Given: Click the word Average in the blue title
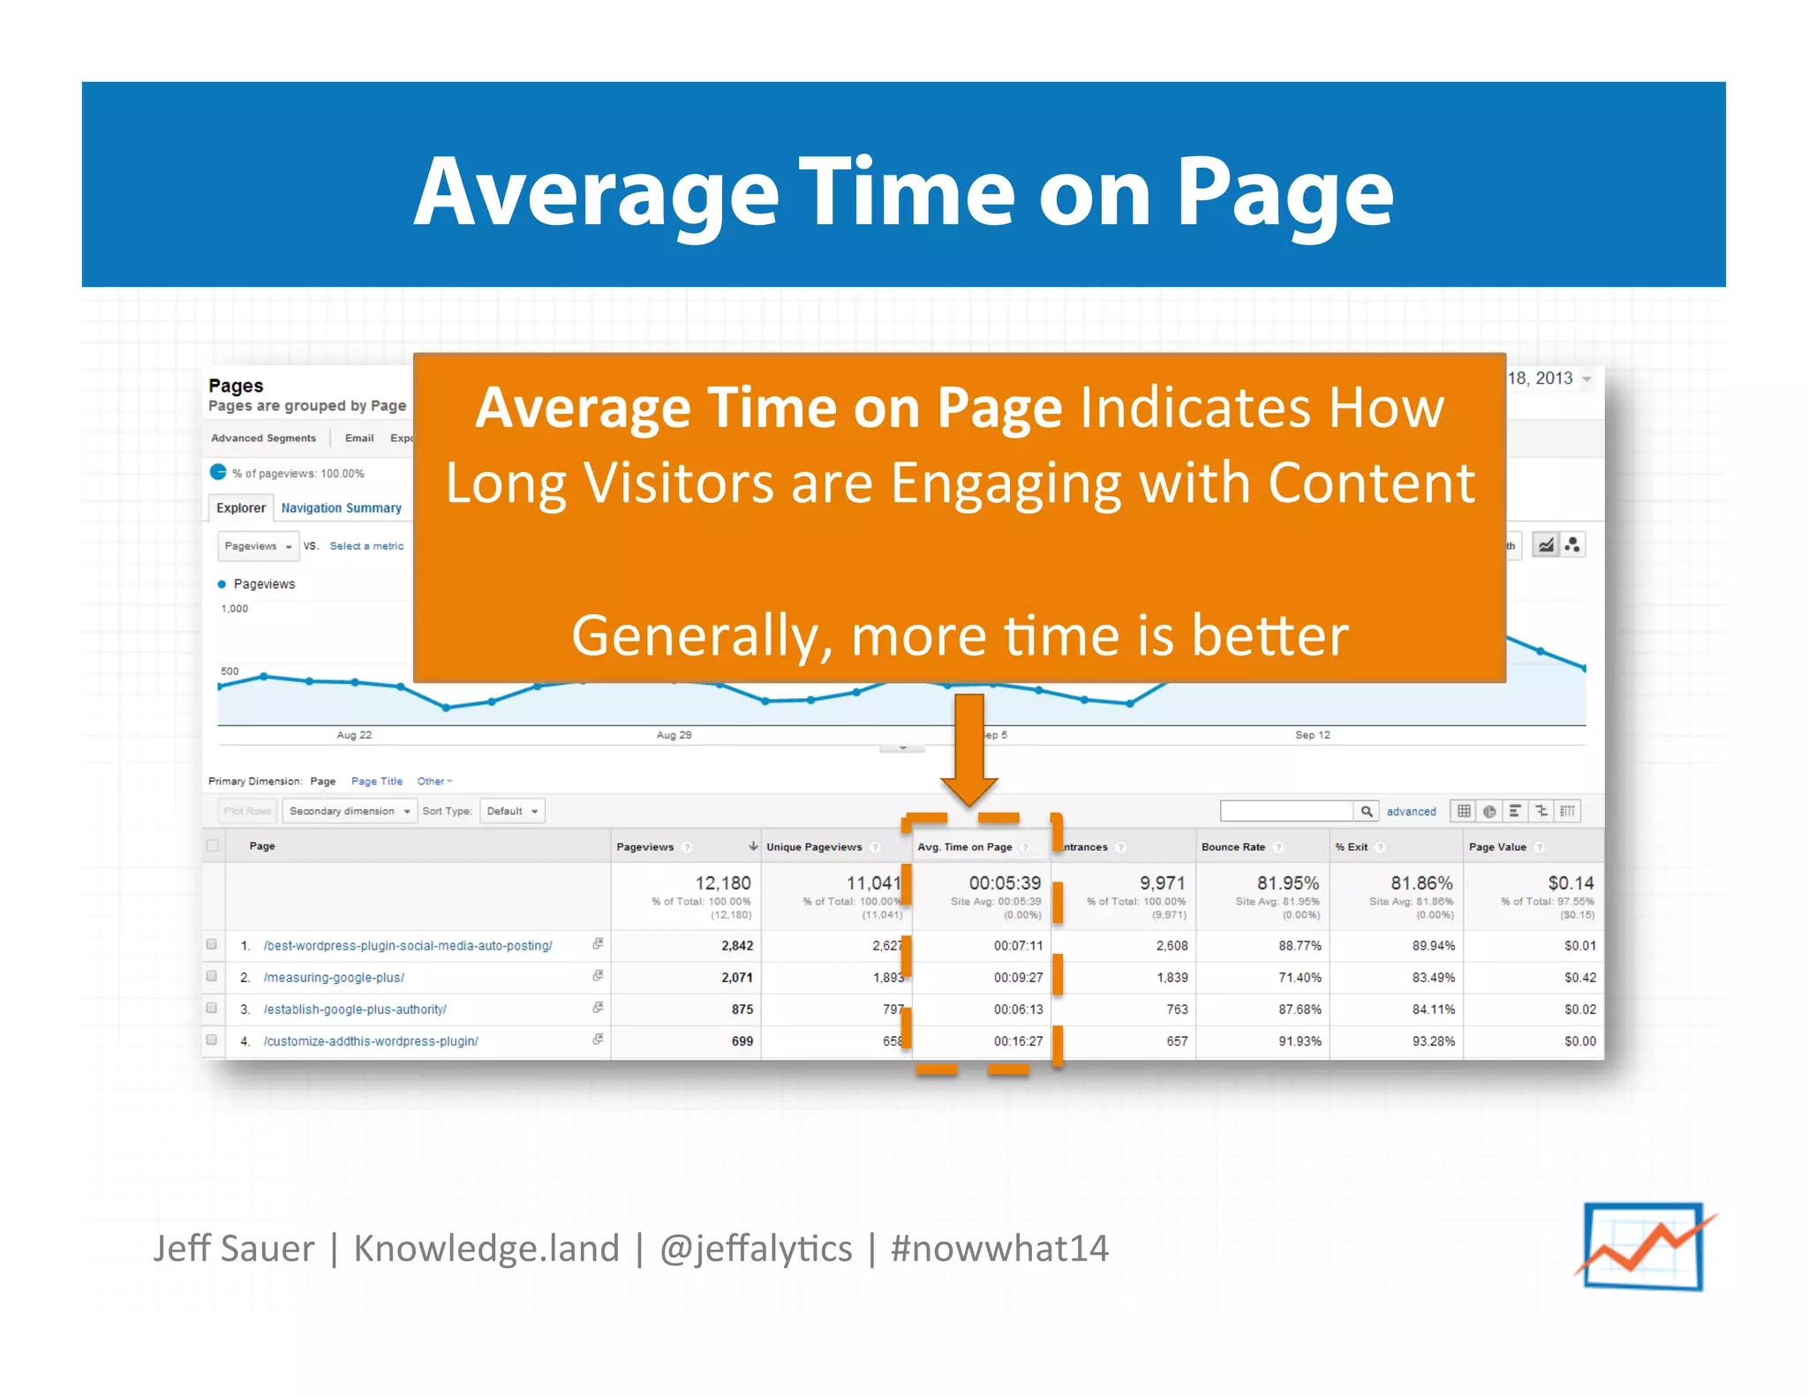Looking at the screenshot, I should coord(597,193).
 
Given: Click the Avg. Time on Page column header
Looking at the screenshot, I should coord(964,847).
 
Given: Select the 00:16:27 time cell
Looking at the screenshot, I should coord(1018,1041).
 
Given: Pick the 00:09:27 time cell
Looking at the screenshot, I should coord(1018,978).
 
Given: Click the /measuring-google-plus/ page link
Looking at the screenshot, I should coord(334,978).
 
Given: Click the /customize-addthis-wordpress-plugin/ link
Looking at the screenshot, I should coord(371,1041).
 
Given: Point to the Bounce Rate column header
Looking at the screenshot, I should coord(1232,847).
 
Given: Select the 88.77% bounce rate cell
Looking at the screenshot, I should coord(1299,946).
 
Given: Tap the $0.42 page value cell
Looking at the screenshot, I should coord(1579,978).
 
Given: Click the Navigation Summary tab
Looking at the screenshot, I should coord(341,508).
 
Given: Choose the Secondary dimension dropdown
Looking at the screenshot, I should coord(350,811).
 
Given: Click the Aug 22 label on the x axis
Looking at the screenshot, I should coord(354,735).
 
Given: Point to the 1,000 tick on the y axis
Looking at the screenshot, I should coord(235,609).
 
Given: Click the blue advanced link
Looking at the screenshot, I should coord(1411,812).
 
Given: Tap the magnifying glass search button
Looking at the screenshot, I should coord(1366,811).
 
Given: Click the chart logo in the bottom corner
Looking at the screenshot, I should coord(1644,1247).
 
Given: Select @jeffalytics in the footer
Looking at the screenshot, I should coord(756,1249).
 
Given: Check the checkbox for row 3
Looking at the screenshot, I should coord(212,1009).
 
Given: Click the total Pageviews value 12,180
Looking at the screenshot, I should coord(722,883).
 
